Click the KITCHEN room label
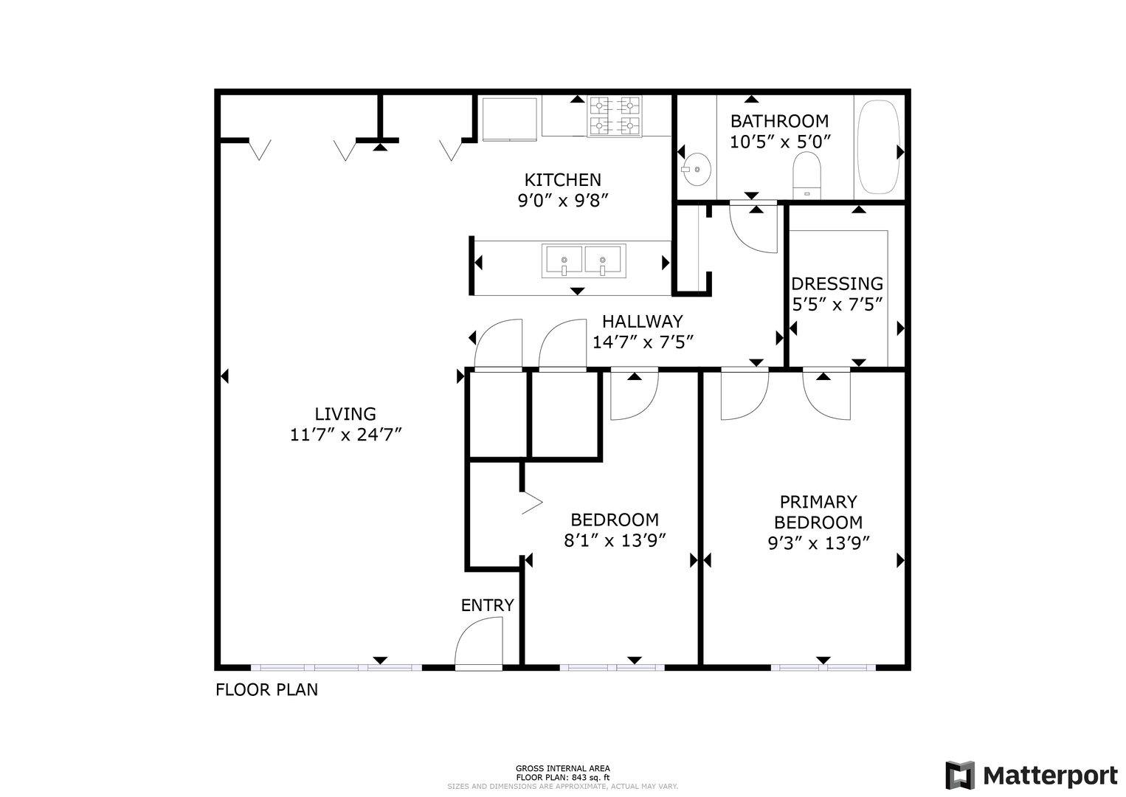pyautogui.click(x=562, y=179)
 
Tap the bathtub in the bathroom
pyautogui.click(x=878, y=147)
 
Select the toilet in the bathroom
pyautogui.click(x=806, y=176)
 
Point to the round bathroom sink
pyautogui.click(x=697, y=170)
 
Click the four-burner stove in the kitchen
pyautogui.click(x=615, y=116)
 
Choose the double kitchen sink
pyautogui.click(x=584, y=261)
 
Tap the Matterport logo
pyautogui.click(x=1031, y=775)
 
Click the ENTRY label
pyautogui.click(x=487, y=605)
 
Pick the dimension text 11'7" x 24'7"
pyautogui.click(x=346, y=435)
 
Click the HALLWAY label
pyautogui.click(x=643, y=321)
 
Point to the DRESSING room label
pyautogui.click(x=837, y=283)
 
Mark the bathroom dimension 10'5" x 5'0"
pyautogui.click(x=780, y=142)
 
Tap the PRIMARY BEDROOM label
pyautogui.click(x=818, y=512)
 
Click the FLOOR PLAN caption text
pyautogui.click(x=266, y=689)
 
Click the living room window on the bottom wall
pyautogui.click(x=336, y=668)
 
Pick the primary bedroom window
pyautogui.click(x=823, y=668)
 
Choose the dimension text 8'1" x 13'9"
pyautogui.click(x=614, y=540)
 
